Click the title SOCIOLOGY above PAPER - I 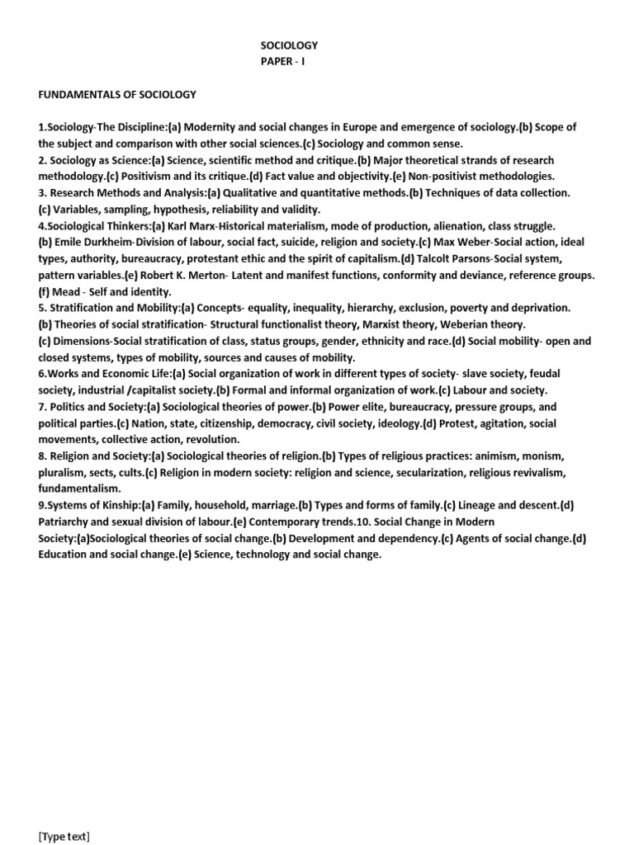pos(289,45)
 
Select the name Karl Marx pos(216,226)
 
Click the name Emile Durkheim pos(92,243)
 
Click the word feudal pos(551,375)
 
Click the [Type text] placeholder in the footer pos(64,837)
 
